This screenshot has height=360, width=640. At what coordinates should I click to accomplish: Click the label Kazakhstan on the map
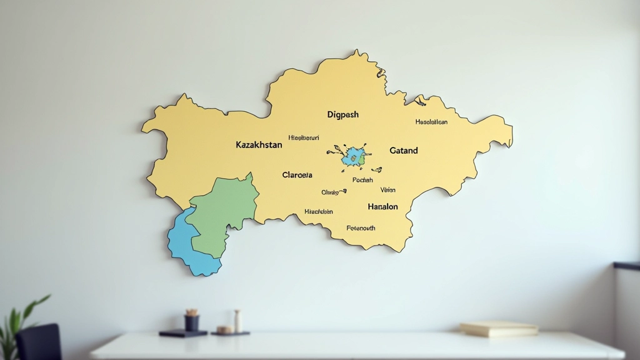click(259, 144)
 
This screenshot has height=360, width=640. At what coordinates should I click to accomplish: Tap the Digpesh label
click(343, 115)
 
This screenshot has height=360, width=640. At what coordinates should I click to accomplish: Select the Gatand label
click(404, 151)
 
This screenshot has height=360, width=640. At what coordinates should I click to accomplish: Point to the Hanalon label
click(382, 206)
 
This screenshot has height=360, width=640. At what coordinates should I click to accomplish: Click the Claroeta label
click(297, 175)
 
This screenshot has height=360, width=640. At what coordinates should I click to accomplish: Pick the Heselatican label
click(431, 122)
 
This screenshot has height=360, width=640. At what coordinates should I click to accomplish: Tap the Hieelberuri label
click(304, 137)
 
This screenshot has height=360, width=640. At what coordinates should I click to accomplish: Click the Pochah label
click(362, 180)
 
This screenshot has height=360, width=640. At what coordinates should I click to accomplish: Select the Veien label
click(388, 190)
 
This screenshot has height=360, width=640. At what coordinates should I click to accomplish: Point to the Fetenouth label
click(361, 228)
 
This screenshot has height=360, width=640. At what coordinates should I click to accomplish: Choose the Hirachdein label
click(319, 212)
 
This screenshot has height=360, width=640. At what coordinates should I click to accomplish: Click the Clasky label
click(329, 192)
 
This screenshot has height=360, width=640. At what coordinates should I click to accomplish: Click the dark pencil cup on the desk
click(192, 322)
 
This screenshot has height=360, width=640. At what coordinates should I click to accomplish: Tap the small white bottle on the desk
click(237, 321)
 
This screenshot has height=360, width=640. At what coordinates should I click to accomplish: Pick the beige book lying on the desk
click(499, 329)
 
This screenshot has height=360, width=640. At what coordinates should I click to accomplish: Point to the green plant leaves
click(25, 316)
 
